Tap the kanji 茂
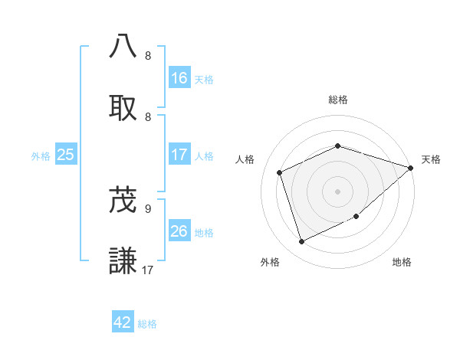123,201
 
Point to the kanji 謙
123,261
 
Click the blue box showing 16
179,78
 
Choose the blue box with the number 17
179,155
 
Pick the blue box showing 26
179,231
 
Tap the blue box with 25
65,155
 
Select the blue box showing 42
123,322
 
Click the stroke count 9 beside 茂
148,208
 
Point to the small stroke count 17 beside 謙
149,269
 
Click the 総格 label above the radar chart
338,100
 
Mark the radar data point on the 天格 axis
411,168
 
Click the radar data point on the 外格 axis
301,242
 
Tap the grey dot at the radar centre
337,191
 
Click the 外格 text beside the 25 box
41,155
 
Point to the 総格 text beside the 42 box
147,323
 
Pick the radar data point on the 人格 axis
280,172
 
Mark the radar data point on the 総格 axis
337,146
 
